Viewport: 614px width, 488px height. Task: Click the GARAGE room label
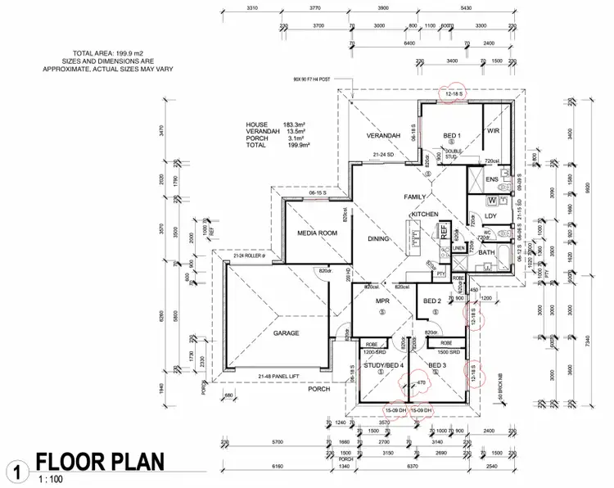[x=287, y=333]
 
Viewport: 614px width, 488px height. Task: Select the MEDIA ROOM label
[x=317, y=233]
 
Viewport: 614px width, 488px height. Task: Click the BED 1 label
[x=453, y=135]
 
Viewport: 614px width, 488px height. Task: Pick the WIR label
[x=493, y=131]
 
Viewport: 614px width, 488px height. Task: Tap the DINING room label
[x=379, y=239]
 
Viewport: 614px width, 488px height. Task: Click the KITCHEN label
[x=426, y=214]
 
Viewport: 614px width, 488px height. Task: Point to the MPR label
[x=381, y=301]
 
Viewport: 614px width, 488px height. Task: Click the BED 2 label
[x=433, y=301]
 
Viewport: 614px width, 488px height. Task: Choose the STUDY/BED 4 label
[x=385, y=364]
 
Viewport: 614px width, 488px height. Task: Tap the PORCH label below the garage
[x=319, y=389]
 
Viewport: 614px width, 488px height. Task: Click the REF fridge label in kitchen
[x=445, y=232]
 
